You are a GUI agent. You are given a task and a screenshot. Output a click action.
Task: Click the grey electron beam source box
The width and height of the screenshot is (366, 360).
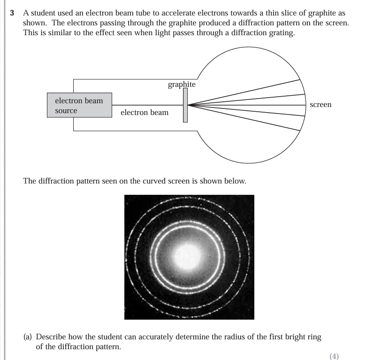pyautogui.click(x=79, y=105)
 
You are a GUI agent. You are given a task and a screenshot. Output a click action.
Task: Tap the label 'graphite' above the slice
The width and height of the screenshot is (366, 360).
pyautogui.click(x=182, y=84)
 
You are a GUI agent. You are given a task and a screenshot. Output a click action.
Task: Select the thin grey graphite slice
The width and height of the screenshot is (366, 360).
pyautogui.click(x=185, y=105)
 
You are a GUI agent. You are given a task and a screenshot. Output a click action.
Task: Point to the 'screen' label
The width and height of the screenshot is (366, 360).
pyautogui.click(x=320, y=105)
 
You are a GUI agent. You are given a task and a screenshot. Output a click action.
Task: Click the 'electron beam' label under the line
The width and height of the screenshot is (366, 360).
pyautogui.click(x=145, y=113)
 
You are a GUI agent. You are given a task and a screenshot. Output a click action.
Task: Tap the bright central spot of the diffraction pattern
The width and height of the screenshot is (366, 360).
pyautogui.click(x=189, y=256)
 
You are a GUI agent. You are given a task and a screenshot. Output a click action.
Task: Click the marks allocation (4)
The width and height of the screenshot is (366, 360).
pyautogui.click(x=334, y=356)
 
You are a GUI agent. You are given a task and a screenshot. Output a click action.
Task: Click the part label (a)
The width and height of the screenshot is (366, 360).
pyautogui.click(x=29, y=337)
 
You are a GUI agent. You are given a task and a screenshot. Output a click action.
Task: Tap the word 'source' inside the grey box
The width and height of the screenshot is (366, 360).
pyautogui.click(x=66, y=111)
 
